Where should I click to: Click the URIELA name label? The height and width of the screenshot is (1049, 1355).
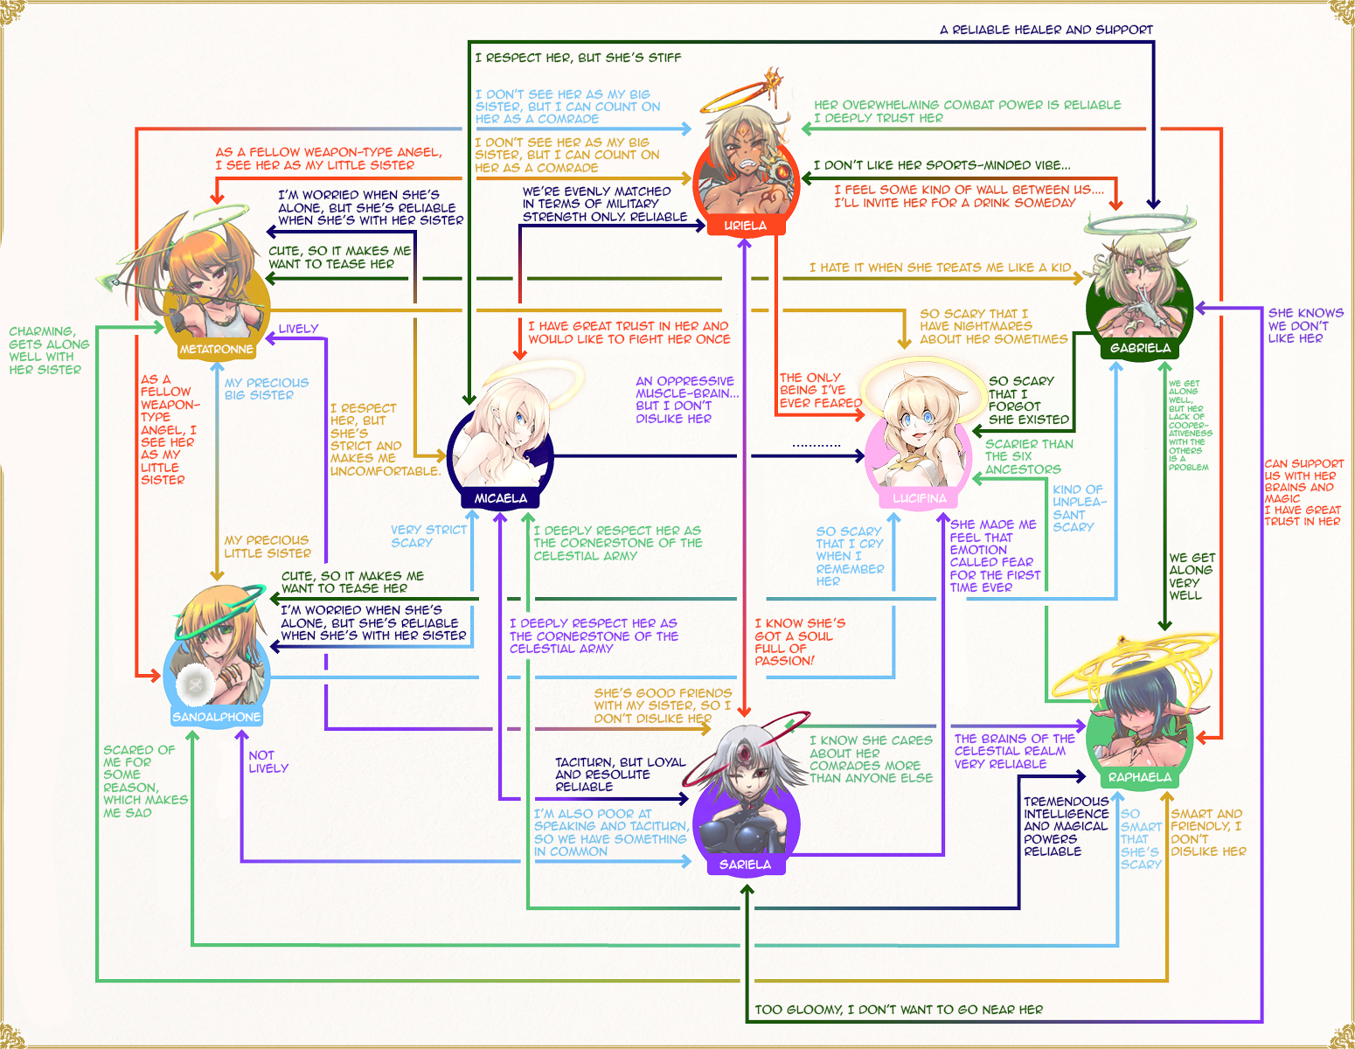pos(745,225)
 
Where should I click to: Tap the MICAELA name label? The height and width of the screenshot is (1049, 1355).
pos(501,498)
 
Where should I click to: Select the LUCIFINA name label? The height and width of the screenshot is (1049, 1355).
pos(920,498)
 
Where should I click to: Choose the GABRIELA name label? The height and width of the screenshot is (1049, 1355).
pos(1141,348)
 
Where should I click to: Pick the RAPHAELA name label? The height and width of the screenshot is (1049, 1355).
pos(1140,777)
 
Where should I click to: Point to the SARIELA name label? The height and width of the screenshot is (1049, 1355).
pos(745,865)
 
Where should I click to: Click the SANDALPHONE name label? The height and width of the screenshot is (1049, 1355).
pos(217,717)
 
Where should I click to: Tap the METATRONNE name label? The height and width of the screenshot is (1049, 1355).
pos(217,349)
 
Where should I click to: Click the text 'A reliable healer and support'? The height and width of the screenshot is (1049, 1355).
pos(1046,30)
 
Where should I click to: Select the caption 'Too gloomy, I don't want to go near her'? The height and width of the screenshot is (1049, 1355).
pos(899,1010)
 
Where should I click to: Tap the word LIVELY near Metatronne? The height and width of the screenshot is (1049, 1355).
pos(298,329)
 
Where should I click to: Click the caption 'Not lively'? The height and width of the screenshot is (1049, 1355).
pos(268,761)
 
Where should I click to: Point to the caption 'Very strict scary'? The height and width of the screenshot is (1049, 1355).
pos(428,536)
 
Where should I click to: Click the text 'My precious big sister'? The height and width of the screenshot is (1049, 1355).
pos(267,389)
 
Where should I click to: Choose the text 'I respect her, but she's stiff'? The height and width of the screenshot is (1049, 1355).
pos(578,58)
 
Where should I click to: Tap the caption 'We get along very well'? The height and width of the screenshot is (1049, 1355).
pos(1192,577)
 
